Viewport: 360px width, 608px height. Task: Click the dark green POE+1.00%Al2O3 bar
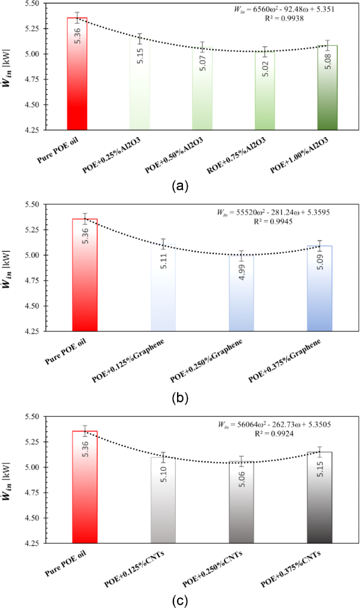pos(327,89)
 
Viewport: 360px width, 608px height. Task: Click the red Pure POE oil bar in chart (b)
pos(84,273)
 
